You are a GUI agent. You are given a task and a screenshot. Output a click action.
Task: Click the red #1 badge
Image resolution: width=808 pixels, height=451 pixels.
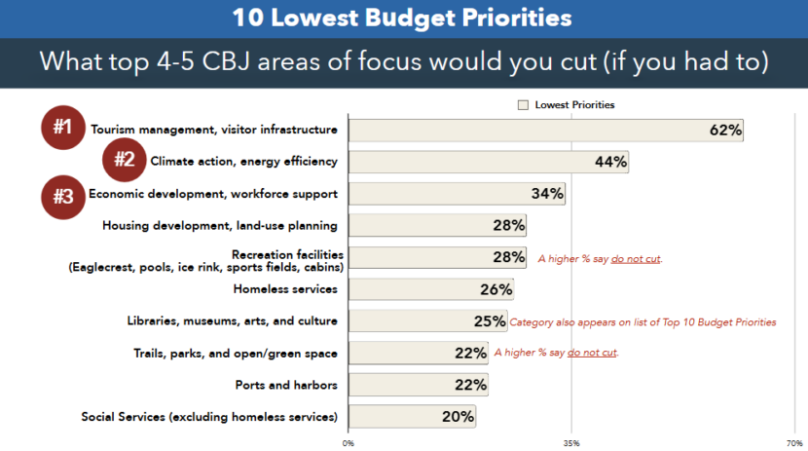[63, 127]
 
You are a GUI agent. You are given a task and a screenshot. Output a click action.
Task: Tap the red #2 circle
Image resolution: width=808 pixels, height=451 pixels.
[125, 160]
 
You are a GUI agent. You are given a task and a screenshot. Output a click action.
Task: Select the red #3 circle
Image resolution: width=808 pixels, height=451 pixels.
[63, 195]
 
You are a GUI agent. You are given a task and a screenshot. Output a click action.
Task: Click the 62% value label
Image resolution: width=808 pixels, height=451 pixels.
[726, 130]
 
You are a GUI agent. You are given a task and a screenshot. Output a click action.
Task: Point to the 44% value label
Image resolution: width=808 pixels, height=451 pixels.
[610, 162]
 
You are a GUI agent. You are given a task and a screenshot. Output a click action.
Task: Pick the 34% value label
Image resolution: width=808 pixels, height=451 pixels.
[547, 194]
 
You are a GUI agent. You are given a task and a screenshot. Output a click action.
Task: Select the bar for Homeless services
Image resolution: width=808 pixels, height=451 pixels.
[430, 289]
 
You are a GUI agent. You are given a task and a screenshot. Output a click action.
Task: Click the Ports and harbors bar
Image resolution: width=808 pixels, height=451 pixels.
[418, 385]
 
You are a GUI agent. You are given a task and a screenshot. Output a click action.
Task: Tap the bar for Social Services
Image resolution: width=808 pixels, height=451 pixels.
[412, 417]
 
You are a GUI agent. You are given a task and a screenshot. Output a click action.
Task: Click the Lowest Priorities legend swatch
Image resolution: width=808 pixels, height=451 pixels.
[523, 105]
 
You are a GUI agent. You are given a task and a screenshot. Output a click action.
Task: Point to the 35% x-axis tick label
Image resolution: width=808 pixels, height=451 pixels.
[571, 442]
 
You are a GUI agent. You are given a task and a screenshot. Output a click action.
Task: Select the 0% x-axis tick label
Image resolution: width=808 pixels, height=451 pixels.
[349, 442]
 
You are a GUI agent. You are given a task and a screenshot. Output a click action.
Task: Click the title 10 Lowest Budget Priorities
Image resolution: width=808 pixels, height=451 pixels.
[402, 18]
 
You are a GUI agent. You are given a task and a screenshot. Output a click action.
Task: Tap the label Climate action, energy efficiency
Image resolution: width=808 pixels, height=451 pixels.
[243, 162]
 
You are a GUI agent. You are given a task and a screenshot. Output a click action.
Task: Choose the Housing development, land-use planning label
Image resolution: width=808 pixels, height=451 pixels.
[220, 226]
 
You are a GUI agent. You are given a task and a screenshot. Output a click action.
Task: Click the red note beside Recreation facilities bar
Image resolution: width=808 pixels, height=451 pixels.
[601, 259]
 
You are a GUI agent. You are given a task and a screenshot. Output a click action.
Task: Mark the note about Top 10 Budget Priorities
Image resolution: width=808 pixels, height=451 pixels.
[643, 321]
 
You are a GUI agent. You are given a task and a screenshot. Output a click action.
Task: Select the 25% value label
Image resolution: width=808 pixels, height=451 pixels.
[491, 321]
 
